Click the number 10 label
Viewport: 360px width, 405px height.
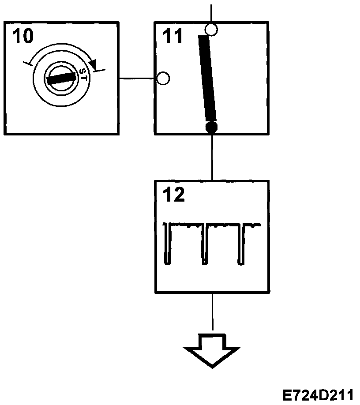22,36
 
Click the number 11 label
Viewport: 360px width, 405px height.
172,36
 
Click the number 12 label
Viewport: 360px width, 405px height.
173,195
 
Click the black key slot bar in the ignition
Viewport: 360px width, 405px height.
62,79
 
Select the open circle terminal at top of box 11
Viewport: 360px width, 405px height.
212,30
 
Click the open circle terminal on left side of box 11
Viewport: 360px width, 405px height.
163,79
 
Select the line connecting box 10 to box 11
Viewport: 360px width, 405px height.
138,79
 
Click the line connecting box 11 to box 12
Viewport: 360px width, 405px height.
212,157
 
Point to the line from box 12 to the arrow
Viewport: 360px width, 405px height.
212,311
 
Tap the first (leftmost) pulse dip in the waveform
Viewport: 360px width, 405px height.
167,245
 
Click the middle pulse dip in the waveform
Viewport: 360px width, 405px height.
204,245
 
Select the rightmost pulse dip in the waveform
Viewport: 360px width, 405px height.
240,245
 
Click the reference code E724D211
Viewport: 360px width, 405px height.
318,394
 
